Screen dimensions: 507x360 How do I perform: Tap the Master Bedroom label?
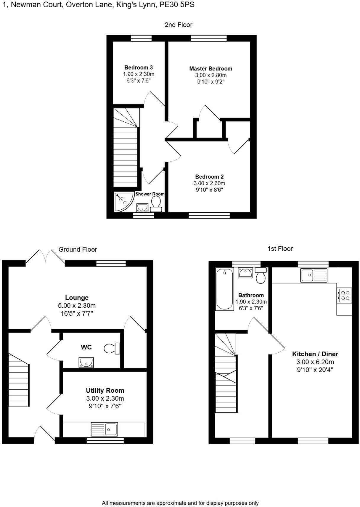pos(210,69)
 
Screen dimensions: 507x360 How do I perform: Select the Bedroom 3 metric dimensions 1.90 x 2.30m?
pos(139,74)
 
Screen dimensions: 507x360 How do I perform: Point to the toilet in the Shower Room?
pos(156,204)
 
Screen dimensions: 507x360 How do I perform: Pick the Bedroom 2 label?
pos(209,177)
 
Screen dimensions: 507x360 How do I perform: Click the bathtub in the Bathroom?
pos(224,289)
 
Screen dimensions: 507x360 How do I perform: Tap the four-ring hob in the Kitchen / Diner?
pos(345,295)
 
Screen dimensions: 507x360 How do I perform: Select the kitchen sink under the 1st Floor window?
pos(314,275)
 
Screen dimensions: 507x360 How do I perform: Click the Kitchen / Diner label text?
pos(315,354)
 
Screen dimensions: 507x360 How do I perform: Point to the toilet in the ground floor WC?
pos(112,349)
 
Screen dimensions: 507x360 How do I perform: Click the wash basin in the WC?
pos(86,362)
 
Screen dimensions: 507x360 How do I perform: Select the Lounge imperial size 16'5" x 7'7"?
pos(77,313)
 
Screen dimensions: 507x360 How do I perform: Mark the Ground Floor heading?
pos(78,249)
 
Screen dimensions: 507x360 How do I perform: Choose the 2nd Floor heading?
pos(178,25)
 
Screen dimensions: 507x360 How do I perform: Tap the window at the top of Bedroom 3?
pos(141,38)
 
